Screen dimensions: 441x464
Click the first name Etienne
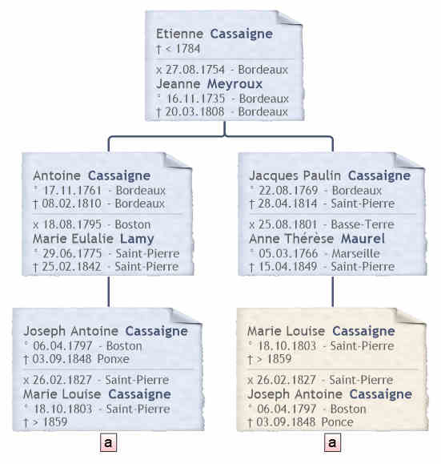179,34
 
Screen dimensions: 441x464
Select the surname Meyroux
235,84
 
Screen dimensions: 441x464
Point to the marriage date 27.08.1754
195,70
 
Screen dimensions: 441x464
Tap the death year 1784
188,49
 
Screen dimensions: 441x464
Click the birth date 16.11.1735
195,99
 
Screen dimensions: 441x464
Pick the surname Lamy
137,239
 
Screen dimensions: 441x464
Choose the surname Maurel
363,239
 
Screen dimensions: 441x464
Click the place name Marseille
355,253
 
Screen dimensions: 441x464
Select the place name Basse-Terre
363,224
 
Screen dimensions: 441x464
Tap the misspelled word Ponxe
113,359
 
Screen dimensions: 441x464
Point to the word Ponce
337,422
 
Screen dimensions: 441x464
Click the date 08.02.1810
71,204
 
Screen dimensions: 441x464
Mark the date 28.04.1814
287,204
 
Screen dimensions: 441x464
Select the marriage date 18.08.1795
72,224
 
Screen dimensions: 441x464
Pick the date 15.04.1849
288,267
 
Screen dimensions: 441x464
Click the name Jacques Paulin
295,176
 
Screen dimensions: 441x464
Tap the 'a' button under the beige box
332,442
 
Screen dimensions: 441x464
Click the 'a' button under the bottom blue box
108,442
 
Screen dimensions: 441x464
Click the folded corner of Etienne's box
288,18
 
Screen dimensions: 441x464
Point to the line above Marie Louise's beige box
332,292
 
